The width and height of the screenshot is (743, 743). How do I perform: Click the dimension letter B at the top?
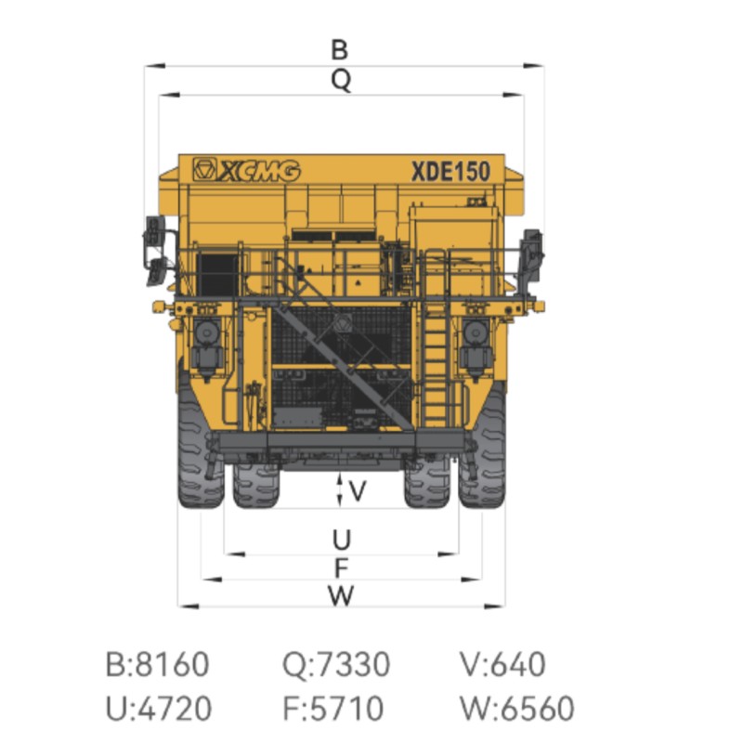pos(339,50)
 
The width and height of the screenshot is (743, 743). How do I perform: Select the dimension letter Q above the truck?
pos(341,81)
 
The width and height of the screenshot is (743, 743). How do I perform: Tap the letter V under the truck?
pos(358,491)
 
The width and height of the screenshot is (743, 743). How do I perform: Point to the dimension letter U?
pos(341,540)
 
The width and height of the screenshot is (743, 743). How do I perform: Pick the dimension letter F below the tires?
pos(341,567)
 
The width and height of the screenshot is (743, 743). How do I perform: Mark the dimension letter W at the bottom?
pos(341,595)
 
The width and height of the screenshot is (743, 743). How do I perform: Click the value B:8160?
pos(157,664)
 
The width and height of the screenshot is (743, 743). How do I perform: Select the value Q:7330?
pos(336,664)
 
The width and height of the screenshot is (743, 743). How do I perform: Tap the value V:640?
pos(502,664)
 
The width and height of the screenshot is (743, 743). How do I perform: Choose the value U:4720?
pos(159,709)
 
